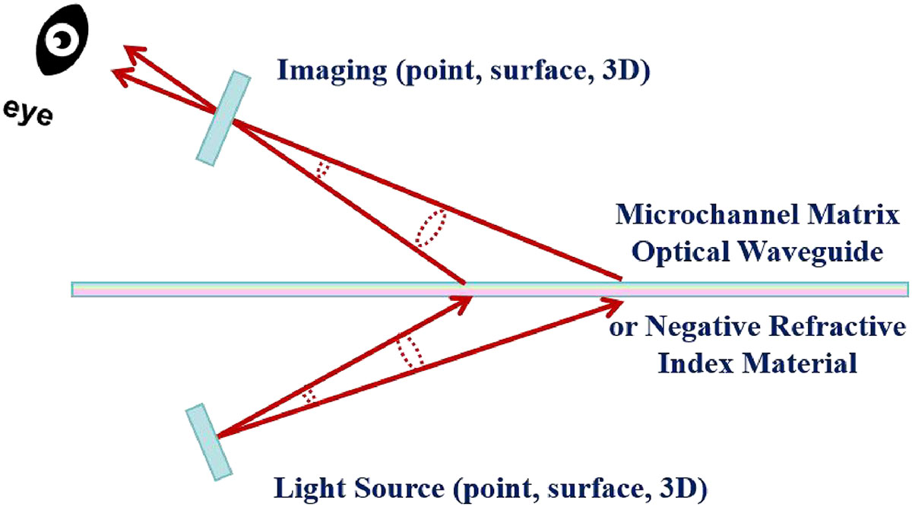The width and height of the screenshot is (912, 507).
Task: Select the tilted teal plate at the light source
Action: coord(207,442)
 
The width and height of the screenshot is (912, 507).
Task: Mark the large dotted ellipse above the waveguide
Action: coord(431,228)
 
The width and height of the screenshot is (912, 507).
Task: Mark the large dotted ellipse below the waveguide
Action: coord(409,351)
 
